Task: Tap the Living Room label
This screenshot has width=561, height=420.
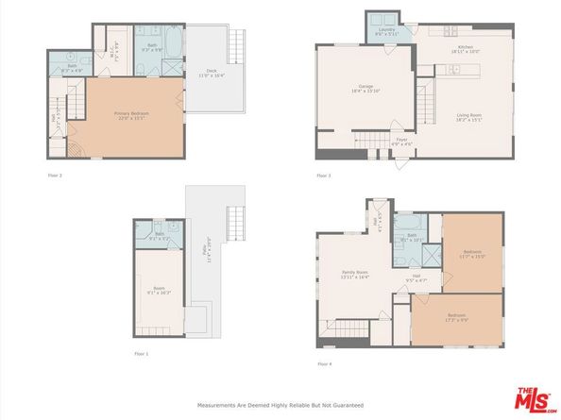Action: pos(469,117)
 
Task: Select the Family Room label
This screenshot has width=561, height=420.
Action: pos(354,274)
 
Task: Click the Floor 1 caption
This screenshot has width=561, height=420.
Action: pos(141,353)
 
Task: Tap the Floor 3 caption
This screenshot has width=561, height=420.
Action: pos(324,175)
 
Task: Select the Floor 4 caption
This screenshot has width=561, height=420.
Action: pos(324,363)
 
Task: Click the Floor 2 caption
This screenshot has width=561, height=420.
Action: pos(56,175)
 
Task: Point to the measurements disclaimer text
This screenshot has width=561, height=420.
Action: pos(280,406)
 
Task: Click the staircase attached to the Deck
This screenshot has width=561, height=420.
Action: pos(237,45)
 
